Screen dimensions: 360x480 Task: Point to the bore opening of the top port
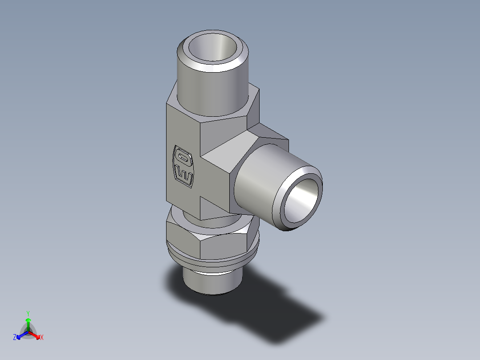212,47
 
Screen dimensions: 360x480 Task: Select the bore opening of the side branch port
302,200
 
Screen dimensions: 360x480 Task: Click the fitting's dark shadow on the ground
276,312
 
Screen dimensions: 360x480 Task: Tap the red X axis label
42,338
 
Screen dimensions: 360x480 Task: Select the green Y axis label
28,313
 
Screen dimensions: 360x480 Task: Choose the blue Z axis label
15,338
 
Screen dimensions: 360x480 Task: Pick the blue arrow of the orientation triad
20,335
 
